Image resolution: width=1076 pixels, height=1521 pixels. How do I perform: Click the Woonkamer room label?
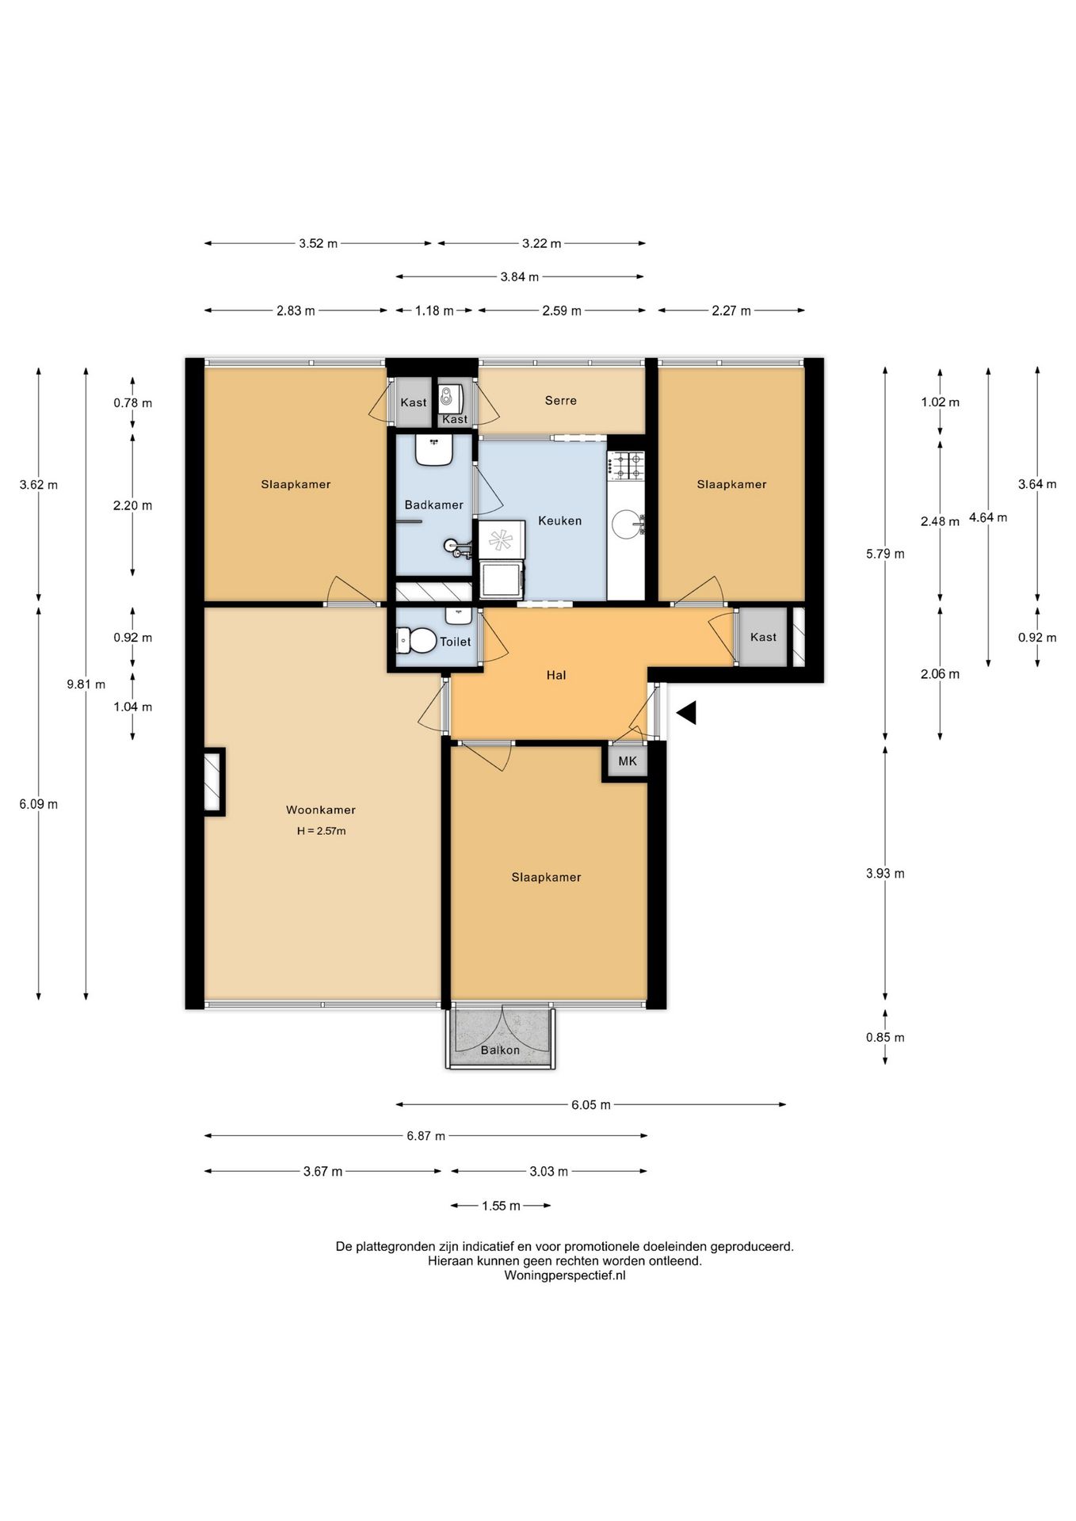[321, 810]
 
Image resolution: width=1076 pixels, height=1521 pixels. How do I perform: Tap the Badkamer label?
[433, 505]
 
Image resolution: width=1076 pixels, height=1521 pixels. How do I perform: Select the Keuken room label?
[560, 520]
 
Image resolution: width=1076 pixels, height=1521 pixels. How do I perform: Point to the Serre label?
[561, 400]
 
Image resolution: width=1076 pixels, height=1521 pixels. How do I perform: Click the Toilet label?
[456, 642]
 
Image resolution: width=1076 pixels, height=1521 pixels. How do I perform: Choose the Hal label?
[556, 675]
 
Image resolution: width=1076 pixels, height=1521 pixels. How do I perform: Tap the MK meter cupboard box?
[628, 761]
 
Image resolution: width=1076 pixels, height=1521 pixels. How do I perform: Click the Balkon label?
[501, 1050]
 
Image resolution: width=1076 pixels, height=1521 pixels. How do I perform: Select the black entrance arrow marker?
[686, 713]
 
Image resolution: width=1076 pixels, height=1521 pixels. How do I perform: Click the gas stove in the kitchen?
[626, 466]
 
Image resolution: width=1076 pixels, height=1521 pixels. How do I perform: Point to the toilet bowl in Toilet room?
[417, 640]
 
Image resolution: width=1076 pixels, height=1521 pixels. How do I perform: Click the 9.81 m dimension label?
[86, 684]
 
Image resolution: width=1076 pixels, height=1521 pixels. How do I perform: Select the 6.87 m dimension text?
[426, 1136]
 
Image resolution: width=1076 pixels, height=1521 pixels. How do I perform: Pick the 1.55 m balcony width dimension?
[501, 1206]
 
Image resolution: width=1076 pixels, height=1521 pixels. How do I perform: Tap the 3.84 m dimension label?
[520, 276]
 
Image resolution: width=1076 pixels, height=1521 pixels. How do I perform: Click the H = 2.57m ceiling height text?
[322, 831]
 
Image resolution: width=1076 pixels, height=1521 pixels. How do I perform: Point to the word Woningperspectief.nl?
[565, 1275]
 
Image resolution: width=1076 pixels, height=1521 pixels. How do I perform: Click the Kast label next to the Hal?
[764, 637]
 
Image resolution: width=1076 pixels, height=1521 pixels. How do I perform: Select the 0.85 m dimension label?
[885, 1037]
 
